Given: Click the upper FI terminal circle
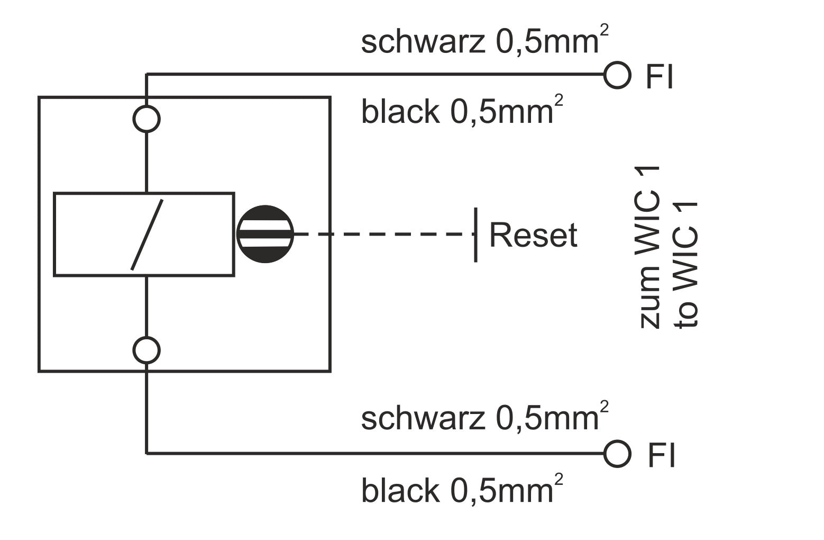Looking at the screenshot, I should click(617, 75).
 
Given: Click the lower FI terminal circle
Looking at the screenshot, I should click(617, 454).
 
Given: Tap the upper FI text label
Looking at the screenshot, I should click(660, 77).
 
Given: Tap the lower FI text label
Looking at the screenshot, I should click(662, 455).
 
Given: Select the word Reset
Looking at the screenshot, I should click(533, 235).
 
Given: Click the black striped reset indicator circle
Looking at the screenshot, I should click(264, 234).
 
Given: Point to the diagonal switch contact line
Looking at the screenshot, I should click(147, 235).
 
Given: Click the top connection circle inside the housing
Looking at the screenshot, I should click(147, 119).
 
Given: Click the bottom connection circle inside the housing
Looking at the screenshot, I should click(147, 350).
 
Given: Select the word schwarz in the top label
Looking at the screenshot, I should click(423, 42).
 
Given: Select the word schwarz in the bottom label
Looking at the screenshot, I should click(423, 419).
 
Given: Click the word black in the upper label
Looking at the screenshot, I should click(400, 112).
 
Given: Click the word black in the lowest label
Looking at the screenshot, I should click(400, 490).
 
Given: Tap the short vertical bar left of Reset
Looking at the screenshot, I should click(475, 235).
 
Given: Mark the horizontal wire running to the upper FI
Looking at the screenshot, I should click(370, 75).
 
